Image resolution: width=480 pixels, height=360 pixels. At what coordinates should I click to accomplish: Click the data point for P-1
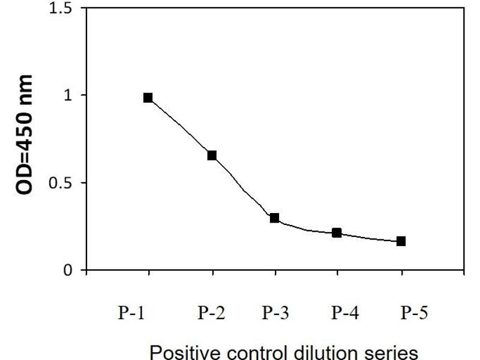tap(148, 98)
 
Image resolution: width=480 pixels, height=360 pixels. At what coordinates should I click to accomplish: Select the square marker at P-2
tap(212, 155)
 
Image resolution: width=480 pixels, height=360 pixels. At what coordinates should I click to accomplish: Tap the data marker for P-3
tap(275, 218)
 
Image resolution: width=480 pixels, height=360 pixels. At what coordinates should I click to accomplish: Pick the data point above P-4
tap(337, 233)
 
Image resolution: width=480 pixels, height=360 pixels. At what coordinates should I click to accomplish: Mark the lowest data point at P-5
tap(401, 241)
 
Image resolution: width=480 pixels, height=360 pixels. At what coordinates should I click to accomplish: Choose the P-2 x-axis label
tap(212, 314)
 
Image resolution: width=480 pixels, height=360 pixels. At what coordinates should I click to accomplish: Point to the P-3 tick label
tap(275, 314)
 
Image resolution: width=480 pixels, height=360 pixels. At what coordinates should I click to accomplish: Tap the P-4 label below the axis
tap(346, 314)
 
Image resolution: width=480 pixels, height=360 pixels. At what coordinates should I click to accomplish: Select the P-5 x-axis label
tap(415, 314)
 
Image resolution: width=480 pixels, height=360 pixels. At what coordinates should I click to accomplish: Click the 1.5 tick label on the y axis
tap(59, 9)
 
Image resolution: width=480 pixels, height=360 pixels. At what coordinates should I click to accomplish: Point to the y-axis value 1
tap(67, 95)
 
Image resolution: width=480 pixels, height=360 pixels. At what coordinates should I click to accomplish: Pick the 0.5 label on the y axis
tap(59, 183)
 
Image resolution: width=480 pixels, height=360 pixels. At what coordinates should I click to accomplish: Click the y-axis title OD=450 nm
tap(25, 135)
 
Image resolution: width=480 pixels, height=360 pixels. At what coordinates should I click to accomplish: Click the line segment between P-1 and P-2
tap(180, 127)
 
